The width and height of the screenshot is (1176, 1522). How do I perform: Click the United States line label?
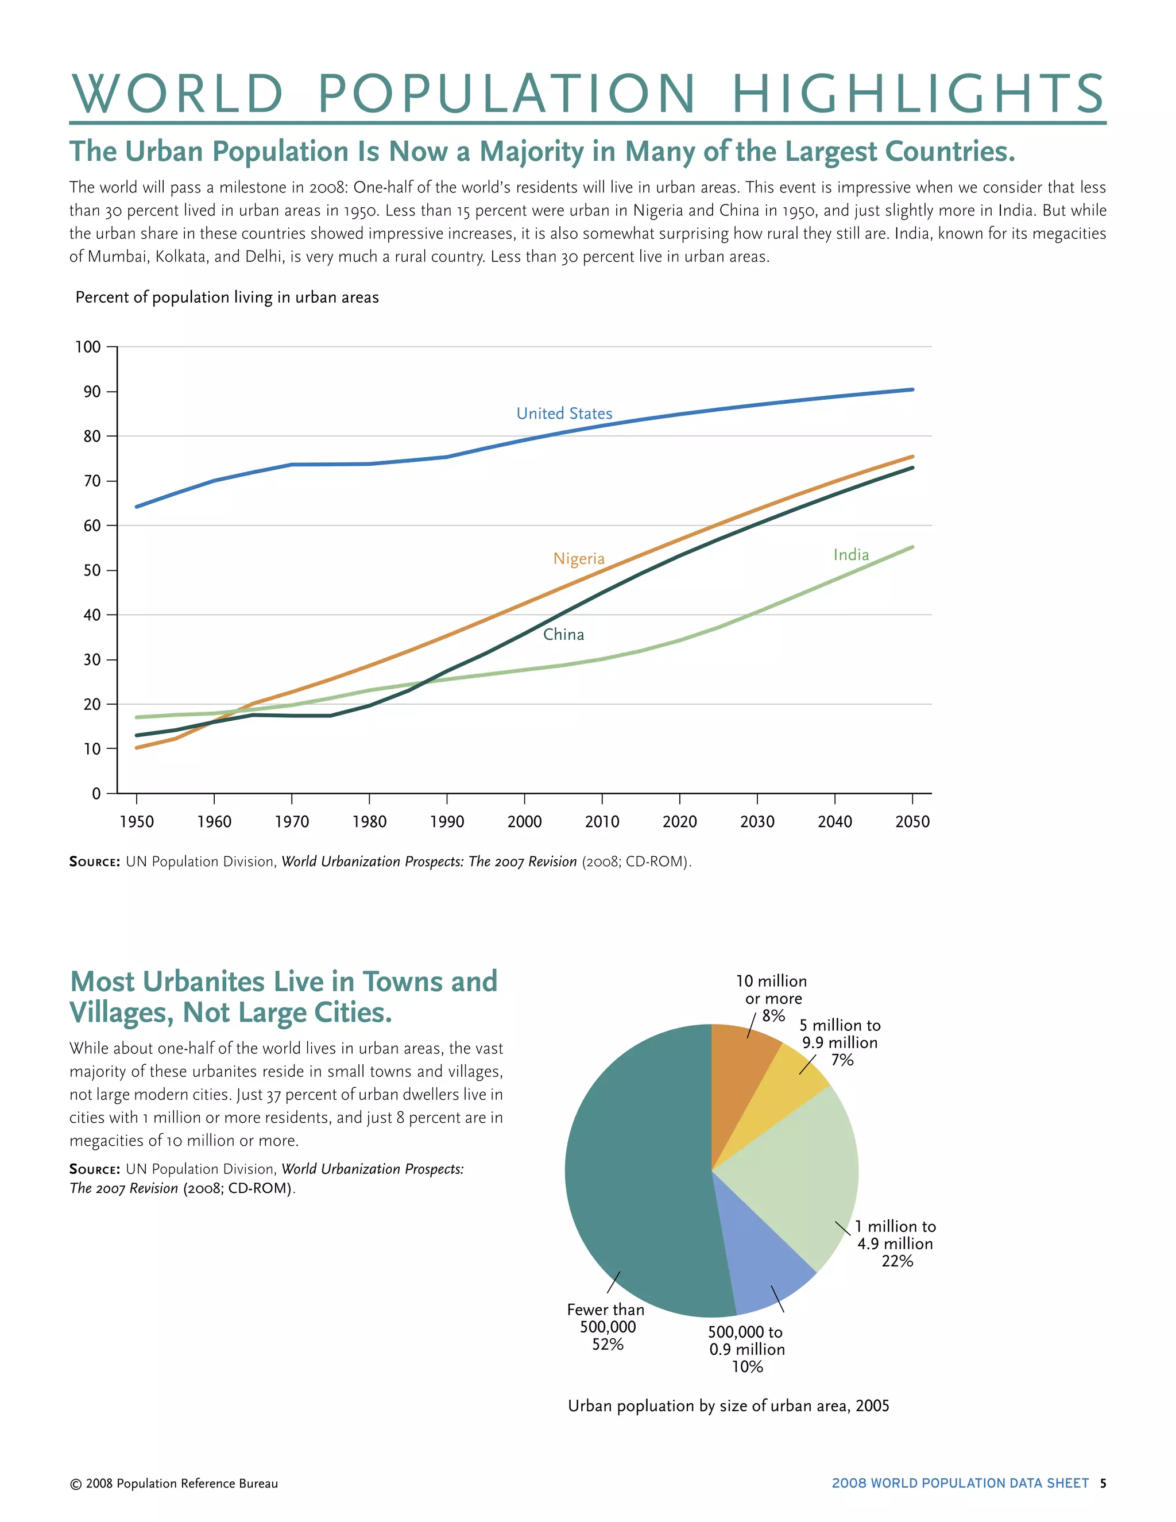[x=564, y=414]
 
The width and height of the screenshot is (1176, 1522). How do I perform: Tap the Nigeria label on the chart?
[x=578, y=558]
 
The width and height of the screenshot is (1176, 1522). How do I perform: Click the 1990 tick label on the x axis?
[x=447, y=822]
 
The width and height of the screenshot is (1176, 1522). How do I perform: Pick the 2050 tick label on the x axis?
[x=912, y=822]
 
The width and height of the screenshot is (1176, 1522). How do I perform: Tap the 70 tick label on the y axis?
[x=92, y=481]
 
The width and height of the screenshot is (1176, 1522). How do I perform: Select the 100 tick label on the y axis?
[x=88, y=347]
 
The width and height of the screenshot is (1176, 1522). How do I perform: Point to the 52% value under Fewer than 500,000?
[x=608, y=1345]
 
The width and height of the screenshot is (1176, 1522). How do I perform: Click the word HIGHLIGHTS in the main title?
[x=918, y=94]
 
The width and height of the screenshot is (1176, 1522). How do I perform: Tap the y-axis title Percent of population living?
[x=227, y=298]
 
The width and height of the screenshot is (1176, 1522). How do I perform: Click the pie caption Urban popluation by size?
[x=728, y=1405]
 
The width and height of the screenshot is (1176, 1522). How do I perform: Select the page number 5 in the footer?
[x=1103, y=1483]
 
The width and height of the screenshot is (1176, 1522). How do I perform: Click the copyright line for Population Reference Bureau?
[x=174, y=1484]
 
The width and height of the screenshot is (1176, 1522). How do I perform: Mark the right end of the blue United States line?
[x=912, y=389]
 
